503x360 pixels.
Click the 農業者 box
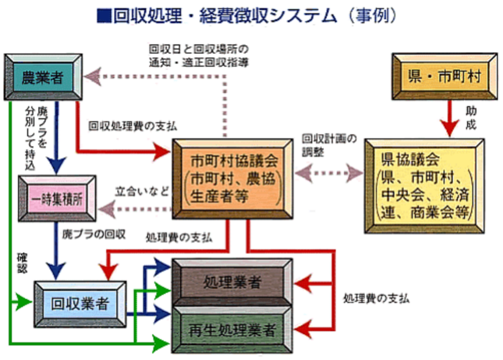point(43,77)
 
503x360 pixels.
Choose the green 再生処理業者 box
point(231,329)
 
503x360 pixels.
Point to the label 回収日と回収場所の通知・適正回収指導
point(198,55)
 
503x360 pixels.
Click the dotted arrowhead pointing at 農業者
point(92,76)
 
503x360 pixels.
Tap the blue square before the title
point(103,15)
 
